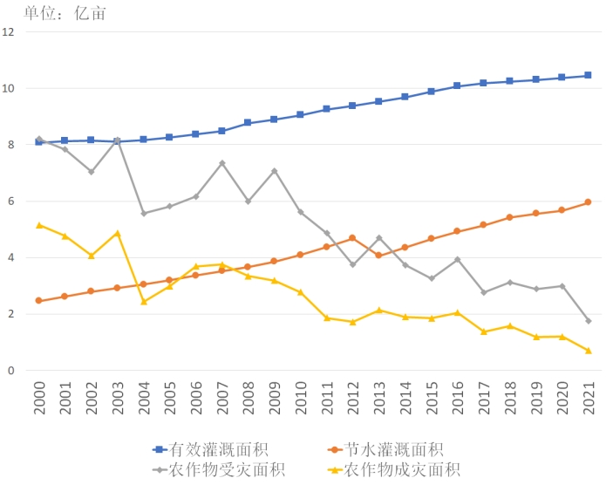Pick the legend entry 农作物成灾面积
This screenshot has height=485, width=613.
pyautogui.click(x=402, y=471)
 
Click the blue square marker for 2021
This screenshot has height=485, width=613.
pyautogui.click(x=589, y=75)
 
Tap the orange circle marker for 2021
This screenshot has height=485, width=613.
pyautogui.click(x=589, y=202)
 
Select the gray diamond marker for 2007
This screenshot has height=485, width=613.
pyautogui.click(x=222, y=163)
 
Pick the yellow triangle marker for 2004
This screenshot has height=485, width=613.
pyautogui.click(x=144, y=302)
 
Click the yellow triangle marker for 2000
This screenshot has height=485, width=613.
pyautogui.click(x=39, y=225)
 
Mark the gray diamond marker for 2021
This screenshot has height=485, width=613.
pyautogui.click(x=589, y=321)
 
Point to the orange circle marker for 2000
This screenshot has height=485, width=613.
pyautogui.click(x=39, y=301)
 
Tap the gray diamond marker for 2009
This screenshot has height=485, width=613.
pyautogui.click(x=275, y=171)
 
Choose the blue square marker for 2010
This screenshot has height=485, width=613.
pyautogui.click(x=301, y=115)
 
